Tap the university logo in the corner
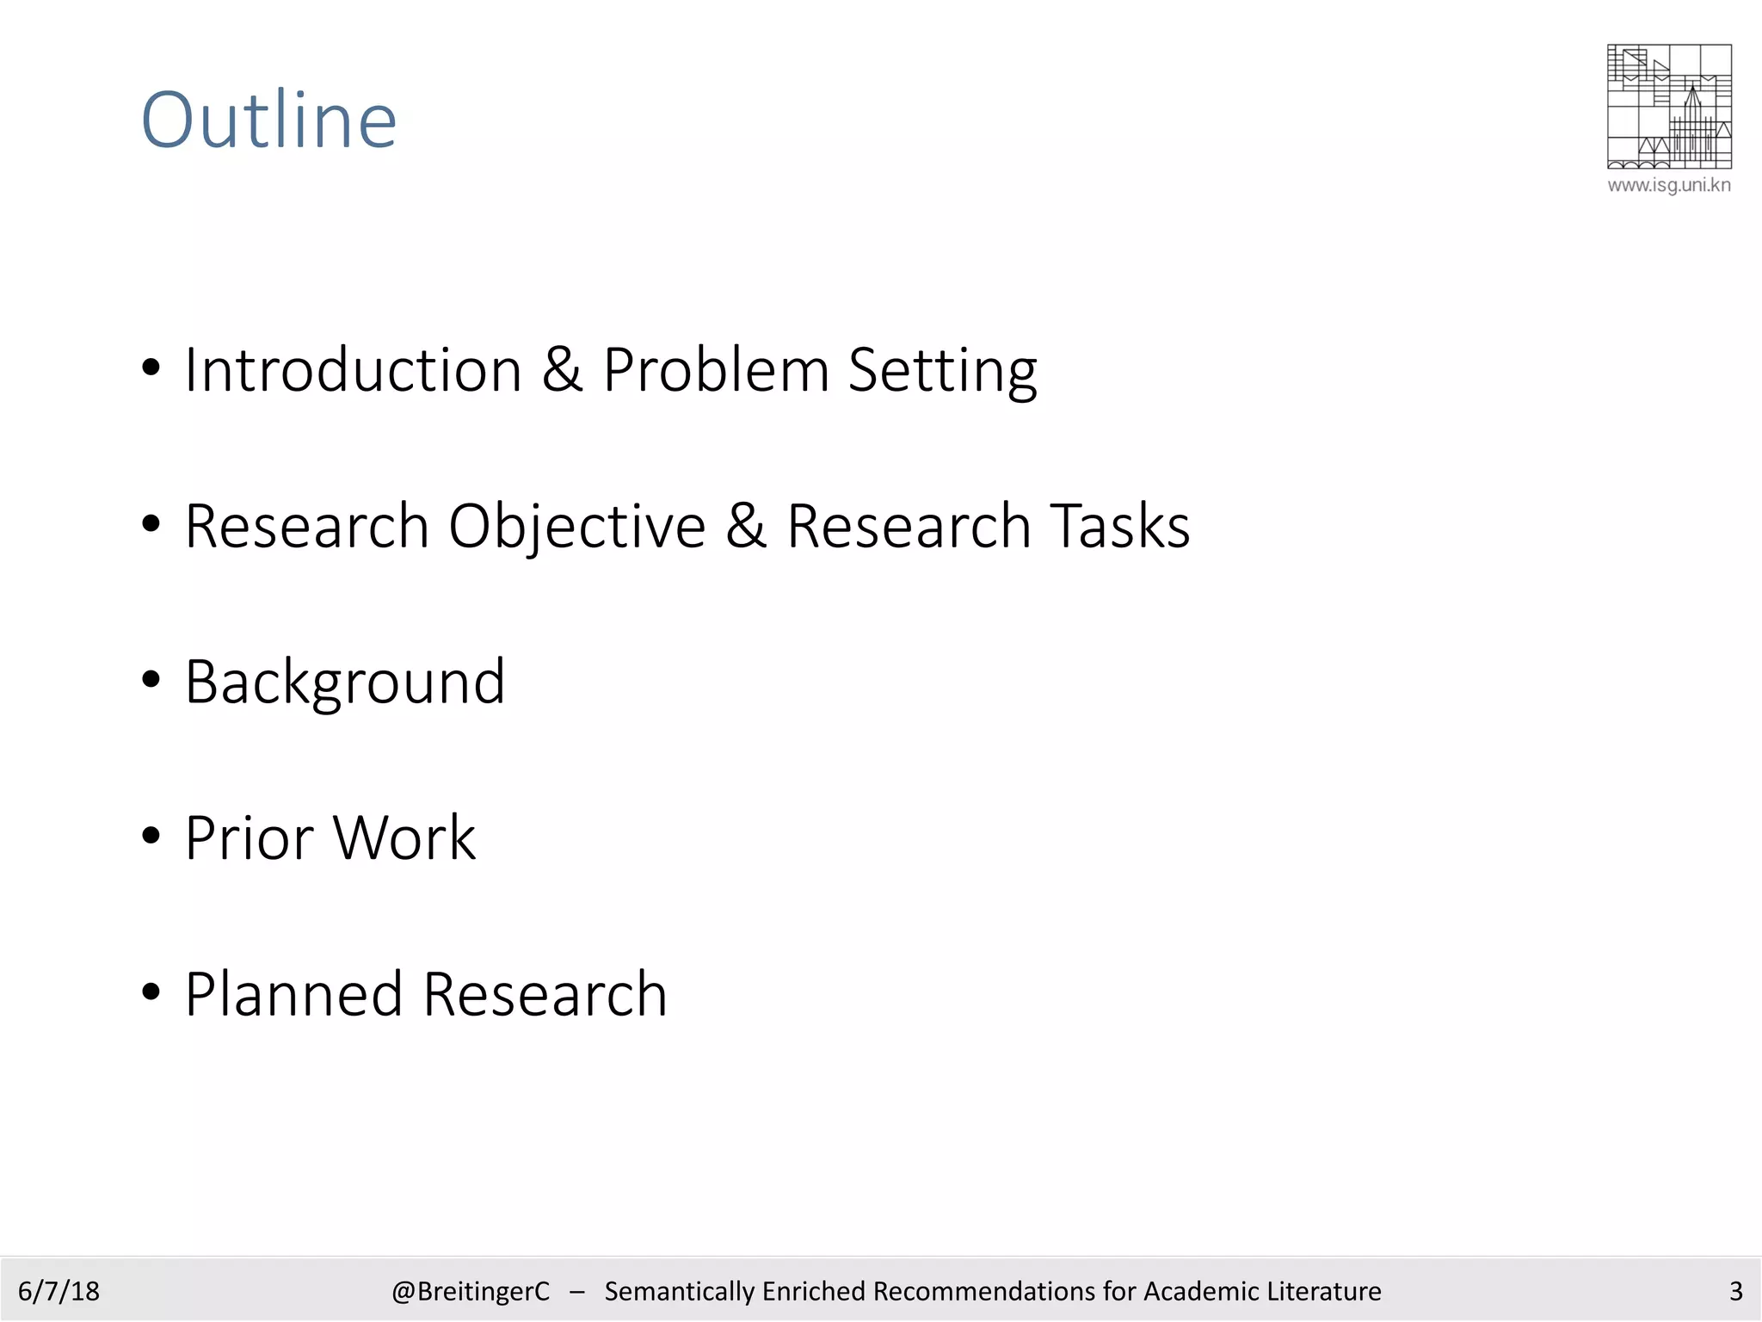1668,106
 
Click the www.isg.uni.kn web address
1668,185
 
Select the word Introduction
354,370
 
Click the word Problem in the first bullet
715,370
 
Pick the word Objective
576,527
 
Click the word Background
345,683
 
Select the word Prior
250,837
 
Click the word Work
404,837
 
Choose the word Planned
293,994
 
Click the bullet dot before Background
151,680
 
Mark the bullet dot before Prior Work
151,836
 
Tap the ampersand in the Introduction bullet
562,370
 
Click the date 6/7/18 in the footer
59,1291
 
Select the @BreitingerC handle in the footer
470,1291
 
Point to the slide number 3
1735,1291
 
